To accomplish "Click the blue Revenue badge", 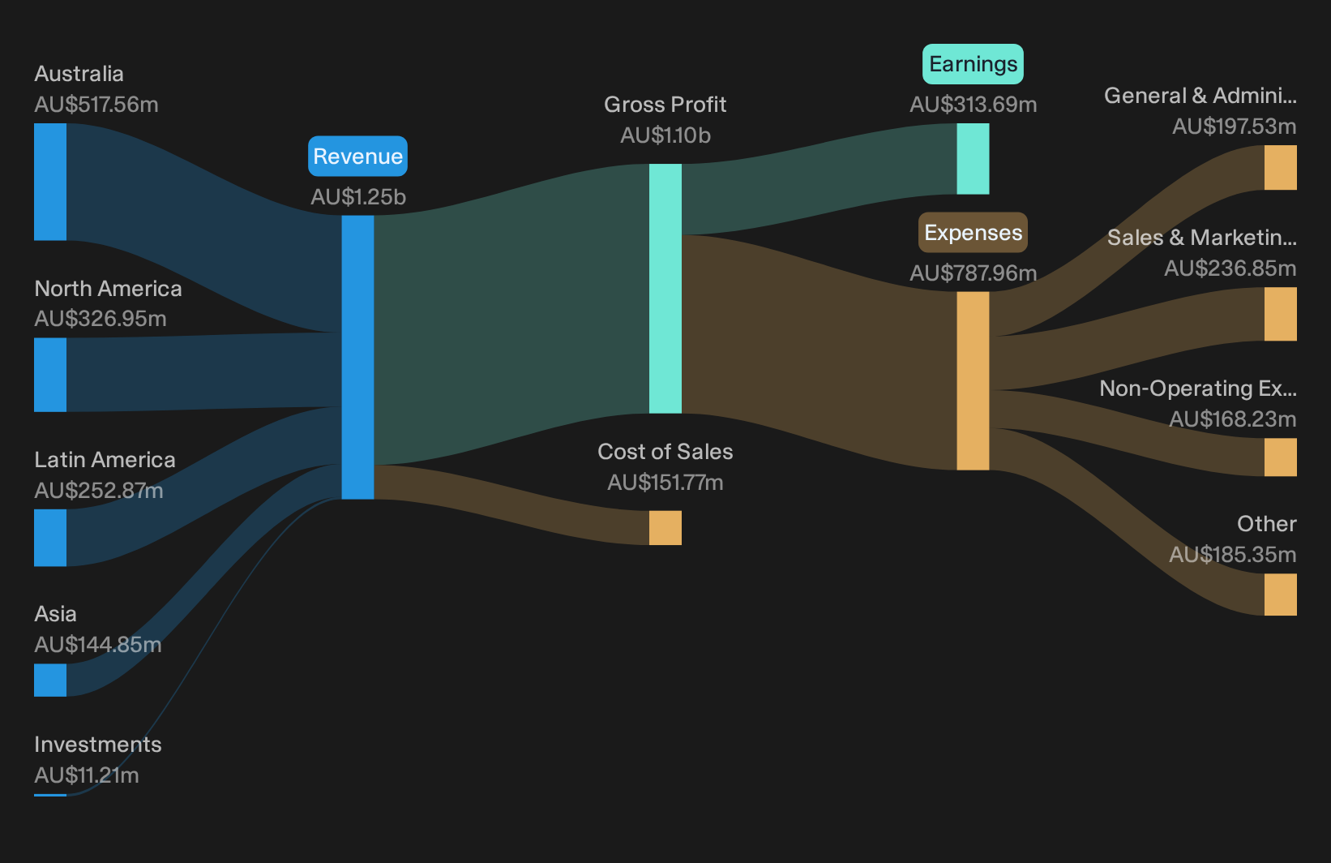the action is point(357,156).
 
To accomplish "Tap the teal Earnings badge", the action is point(973,63).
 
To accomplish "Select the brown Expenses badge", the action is point(973,233).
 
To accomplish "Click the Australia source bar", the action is point(50,182).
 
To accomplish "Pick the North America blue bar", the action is point(50,375).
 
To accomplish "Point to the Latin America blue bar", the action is point(50,538).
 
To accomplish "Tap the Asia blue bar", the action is point(50,680).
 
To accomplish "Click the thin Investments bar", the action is point(50,795).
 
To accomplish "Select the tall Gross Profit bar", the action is point(665,289).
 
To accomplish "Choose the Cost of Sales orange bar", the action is point(665,527).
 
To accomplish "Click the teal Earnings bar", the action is point(973,159).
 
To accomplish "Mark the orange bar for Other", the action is point(1281,595).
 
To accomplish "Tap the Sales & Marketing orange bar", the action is point(1281,314).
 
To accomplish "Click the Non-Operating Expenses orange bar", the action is point(1281,457).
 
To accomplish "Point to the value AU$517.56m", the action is point(96,105).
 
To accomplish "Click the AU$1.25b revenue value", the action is point(357,197).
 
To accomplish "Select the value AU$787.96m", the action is point(973,273).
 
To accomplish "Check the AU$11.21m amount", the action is point(86,775).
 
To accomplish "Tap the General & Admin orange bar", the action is point(1281,168).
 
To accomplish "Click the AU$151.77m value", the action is point(665,483).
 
